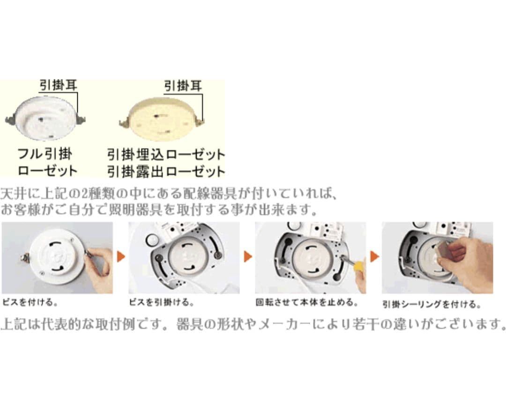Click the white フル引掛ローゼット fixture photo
46,118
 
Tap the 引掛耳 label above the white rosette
58,85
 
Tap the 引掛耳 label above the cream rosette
183,86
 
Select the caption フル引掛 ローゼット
47,162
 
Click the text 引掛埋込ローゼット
166,154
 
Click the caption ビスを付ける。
30,302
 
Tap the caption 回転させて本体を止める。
307,302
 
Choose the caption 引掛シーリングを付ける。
432,304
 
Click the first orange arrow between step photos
121,256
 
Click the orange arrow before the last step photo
374,256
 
